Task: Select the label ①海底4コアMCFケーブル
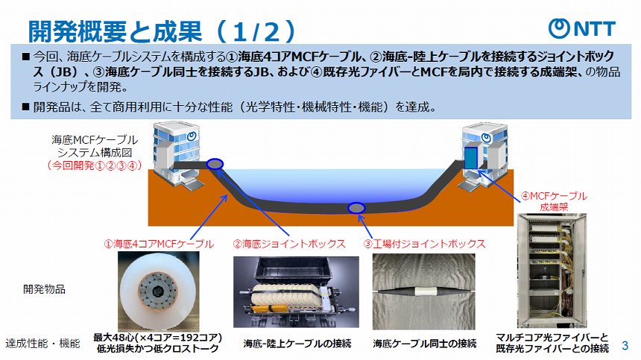click(x=159, y=244)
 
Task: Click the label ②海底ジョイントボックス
click(x=288, y=244)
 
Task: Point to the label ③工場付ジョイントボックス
click(x=424, y=244)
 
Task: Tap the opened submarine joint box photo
click(x=295, y=293)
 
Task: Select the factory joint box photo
click(x=423, y=291)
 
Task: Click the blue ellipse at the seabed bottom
click(x=357, y=207)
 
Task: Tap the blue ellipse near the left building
click(x=215, y=164)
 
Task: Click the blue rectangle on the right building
click(x=471, y=157)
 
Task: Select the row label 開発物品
click(x=45, y=289)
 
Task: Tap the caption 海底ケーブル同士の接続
click(x=424, y=344)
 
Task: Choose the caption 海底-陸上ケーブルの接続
click(x=295, y=344)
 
